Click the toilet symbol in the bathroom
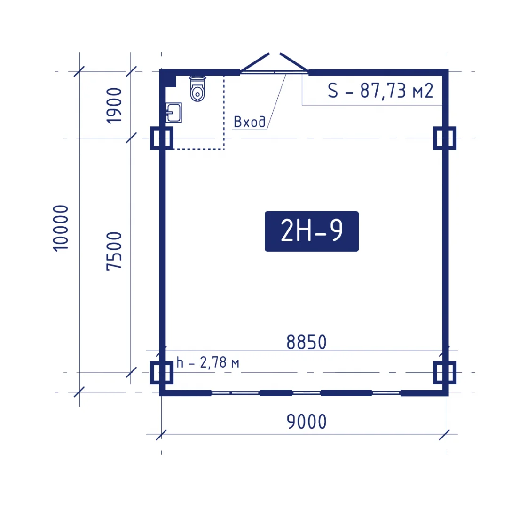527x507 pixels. [197, 89]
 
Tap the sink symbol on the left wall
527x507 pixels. [174, 113]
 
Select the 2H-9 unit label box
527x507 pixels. [312, 231]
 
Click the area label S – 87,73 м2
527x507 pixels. [380, 91]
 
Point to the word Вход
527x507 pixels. [249, 122]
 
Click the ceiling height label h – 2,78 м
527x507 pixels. [208, 363]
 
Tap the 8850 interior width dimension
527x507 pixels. [306, 342]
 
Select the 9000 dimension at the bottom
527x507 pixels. [307, 422]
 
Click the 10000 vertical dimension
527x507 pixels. [61, 228]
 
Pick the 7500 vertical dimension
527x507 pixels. [114, 251]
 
